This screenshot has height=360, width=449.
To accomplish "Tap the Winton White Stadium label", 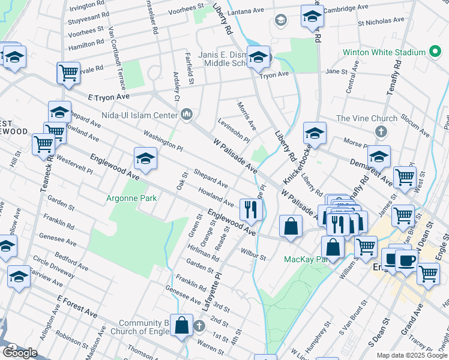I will [x=384, y=52].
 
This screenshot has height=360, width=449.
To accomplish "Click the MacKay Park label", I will [x=303, y=259].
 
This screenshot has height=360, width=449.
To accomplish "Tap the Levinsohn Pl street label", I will [x=234, y=132].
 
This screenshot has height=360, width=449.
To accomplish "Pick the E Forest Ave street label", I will [x=77, y=305].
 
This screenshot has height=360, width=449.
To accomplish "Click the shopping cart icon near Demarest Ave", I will [x=405, y=176].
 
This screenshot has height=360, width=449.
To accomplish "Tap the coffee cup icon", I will [x=406, y=260].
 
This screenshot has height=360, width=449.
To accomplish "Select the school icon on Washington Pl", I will [x=145, y=159].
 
